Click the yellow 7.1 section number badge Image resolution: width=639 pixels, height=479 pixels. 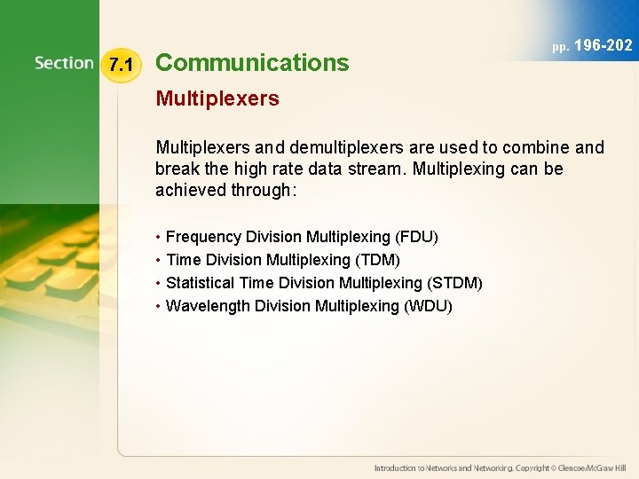tap(120, 65)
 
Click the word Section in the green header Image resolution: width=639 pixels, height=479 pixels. tap(64, 63)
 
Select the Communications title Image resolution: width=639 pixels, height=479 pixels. tap(252, 63)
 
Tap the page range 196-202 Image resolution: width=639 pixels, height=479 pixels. tap(603, 45)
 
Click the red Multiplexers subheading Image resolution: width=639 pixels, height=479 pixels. tap(217, 98)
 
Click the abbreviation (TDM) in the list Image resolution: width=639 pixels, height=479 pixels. tap(378, 260)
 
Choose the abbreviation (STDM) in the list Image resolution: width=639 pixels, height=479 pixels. tap(454, 283)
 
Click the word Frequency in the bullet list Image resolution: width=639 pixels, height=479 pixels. tap(203, 237)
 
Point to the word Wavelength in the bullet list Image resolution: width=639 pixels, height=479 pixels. tap(208, 306)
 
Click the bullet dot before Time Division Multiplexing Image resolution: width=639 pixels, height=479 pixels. tap(157, 260)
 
